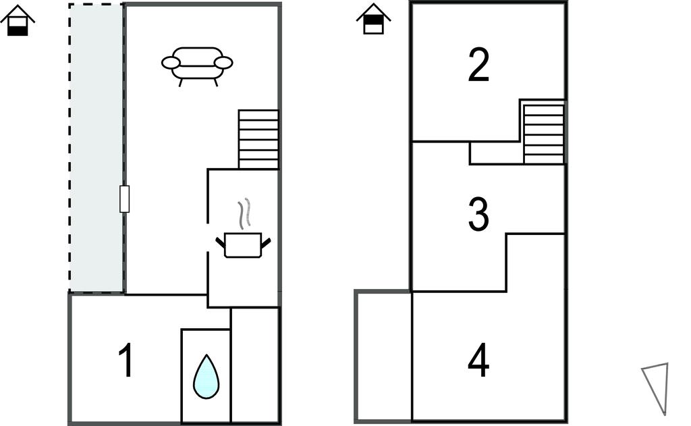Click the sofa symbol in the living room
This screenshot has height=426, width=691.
(x=197, y=63)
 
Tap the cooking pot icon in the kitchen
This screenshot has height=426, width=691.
(x=242, y=244)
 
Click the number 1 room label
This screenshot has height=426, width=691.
(x=126, y=361)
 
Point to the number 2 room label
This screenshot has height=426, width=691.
(x=478, y=66)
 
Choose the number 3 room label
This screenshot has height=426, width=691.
(x=478, y=214)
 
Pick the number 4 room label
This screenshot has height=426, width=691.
(x=478, y=361)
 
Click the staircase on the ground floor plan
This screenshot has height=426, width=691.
(x=258, y=139)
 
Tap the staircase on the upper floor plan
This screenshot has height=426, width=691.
(x=543, y=132)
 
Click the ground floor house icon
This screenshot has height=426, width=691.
(x=18, y=20)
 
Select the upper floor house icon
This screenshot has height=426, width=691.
(x=373, y=19)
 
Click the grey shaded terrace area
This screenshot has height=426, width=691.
(x=96, y=149)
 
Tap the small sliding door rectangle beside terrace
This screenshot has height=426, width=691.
(x=124, y=199)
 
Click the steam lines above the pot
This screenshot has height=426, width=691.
(x=247, y=213)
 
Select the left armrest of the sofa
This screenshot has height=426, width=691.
(x=171, y=63)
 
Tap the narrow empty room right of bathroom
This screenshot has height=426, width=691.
(x=255, y=365)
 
